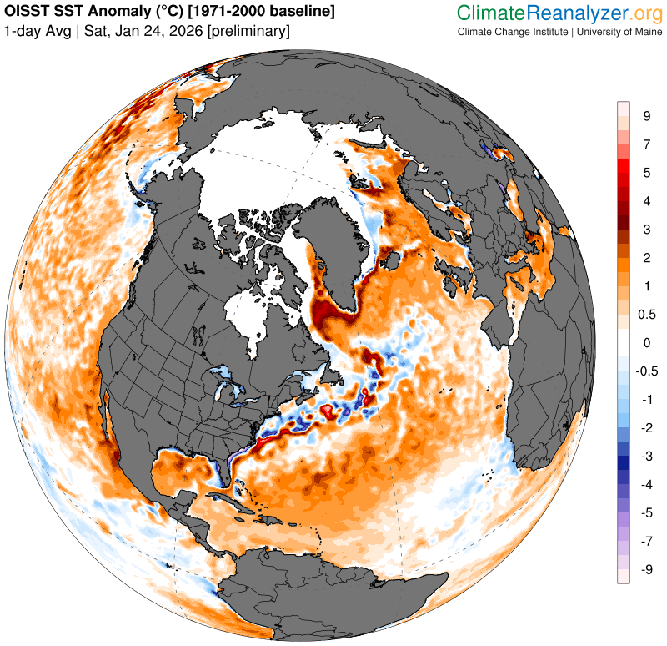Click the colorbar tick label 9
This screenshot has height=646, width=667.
(x=646, y=116)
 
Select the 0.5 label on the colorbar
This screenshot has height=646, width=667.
(x=646, y=315)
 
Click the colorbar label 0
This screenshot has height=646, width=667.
(x=646, y=343)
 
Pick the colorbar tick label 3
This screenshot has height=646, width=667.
(x=646, y=230)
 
